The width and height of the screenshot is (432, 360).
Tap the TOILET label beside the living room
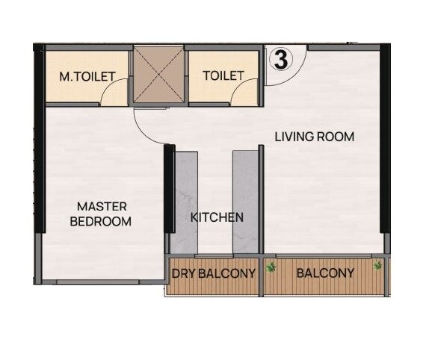click(223, 75)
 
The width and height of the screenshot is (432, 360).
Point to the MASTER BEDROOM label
click(101, 214)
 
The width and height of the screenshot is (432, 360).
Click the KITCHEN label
click(217, 217)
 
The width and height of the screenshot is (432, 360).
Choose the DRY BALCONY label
click(214, 273)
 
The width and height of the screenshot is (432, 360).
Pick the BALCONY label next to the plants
click(325, 273)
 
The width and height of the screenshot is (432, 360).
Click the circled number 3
click(281, 60)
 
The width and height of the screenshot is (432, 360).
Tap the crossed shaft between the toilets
click(158, 73)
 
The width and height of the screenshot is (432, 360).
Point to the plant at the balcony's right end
click(378, 265)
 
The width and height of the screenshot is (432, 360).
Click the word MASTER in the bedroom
click(102, 206)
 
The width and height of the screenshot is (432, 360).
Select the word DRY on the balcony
click(184, 273)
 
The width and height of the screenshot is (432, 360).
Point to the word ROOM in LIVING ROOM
click(333, 137)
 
